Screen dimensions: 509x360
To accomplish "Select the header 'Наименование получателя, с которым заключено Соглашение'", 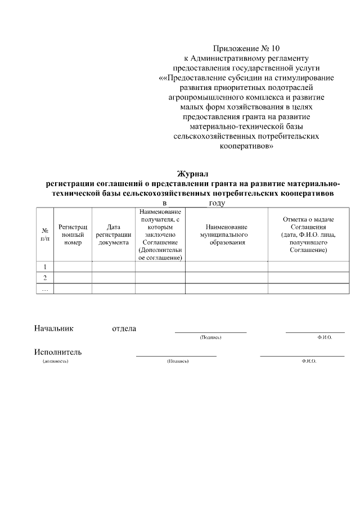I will pos(160,234).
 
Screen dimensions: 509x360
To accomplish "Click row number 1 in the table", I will pos(44,267).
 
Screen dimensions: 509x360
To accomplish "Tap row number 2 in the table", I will pos(44,278).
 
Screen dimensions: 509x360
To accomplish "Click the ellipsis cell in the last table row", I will pos(44,289).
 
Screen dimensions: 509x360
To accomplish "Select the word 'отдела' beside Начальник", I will pos(124,328).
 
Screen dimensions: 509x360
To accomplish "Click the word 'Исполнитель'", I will pos(58,352).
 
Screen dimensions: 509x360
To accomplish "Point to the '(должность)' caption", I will pos(56,361).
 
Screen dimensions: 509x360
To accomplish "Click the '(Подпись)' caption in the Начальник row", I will pos(210,337).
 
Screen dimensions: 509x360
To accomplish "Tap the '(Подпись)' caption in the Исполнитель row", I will pos(178,361).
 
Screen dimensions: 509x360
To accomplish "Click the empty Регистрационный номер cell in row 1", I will pos(73,267).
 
